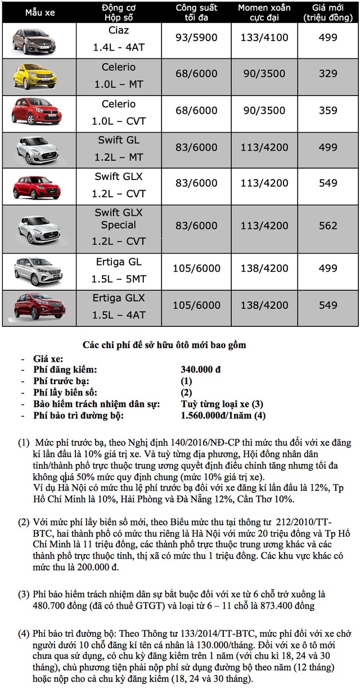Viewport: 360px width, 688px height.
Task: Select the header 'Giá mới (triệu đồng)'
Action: pyautogui.click(x=327, y=12)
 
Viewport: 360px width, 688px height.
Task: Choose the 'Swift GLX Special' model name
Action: pyautogui.click(x=119, y=219)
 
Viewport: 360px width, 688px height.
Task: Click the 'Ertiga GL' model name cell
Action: pyautogui.click(x=119, y=262)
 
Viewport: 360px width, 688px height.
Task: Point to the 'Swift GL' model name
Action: pyautogui.click(x=119, y=140)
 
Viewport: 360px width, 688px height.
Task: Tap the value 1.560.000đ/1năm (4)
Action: pyautogui.click(x=223, y=416)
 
